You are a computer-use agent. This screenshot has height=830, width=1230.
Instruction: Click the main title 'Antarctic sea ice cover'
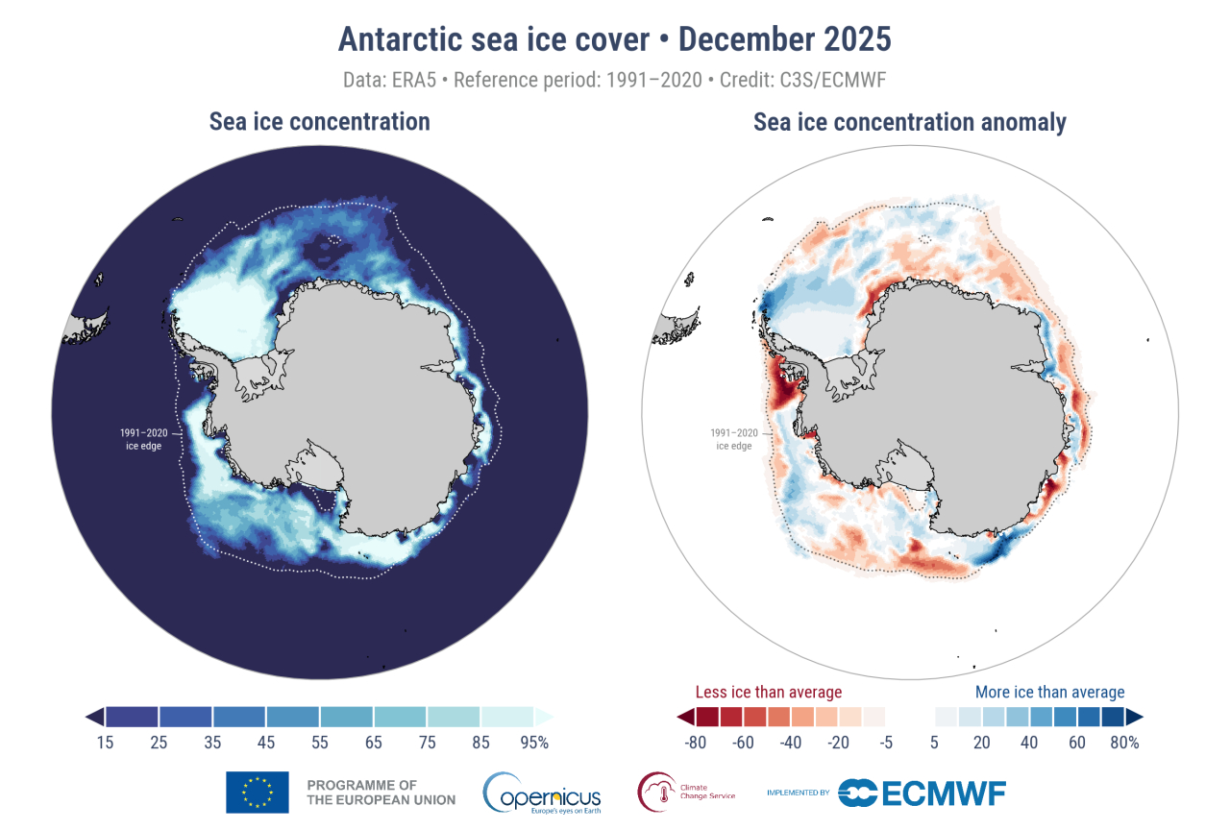tap(499, 39)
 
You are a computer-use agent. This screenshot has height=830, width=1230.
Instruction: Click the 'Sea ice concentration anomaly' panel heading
tap(909, 122)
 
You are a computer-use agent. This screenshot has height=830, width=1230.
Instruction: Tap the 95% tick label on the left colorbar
tap(535, 742)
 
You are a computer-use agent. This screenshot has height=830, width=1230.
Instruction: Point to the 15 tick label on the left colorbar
tap(105, 742)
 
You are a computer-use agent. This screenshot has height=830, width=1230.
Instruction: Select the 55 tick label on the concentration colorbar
tap(320, 742)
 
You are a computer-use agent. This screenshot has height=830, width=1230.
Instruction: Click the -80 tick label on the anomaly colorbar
tap(694, 742)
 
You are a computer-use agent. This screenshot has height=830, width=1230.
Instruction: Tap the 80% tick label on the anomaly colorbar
tap(1125, 742)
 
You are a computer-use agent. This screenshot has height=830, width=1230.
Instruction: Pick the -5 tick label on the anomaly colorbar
tap(885, 742)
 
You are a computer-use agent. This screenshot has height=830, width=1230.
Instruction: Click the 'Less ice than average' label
tap(768, 692)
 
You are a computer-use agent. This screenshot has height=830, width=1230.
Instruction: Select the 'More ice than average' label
tap(1049, 692)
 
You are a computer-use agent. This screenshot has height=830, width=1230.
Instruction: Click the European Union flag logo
tap(257, 793)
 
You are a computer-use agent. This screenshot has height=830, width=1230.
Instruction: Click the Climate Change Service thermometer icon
tap(657, 793)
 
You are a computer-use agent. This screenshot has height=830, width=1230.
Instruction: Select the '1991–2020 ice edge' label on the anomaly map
tap(733, 438)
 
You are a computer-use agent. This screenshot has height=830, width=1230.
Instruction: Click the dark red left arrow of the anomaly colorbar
tap(684, 717)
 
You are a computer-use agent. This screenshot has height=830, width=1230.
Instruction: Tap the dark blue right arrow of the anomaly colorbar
tap(1135, 717)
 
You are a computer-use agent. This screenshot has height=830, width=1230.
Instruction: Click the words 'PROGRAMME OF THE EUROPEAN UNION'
tap(362, 793)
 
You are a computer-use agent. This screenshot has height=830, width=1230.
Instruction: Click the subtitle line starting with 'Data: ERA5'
tap(614, 79)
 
